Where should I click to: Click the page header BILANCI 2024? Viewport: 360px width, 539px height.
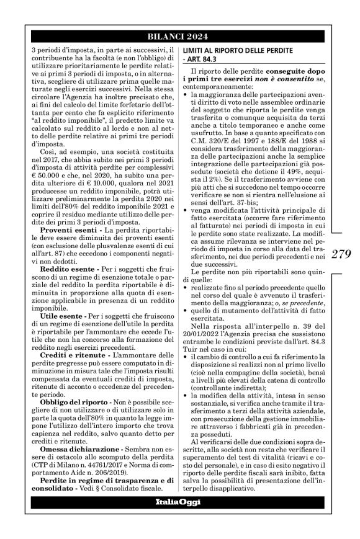point(180,36)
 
